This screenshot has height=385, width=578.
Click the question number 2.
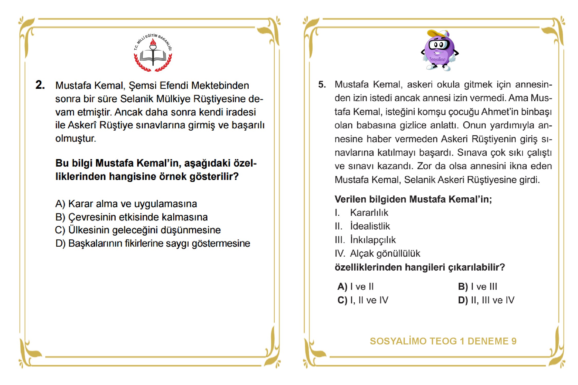coord(40,85)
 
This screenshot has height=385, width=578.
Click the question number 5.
coord(322,84)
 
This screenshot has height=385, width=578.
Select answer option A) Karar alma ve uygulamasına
coord(126,204)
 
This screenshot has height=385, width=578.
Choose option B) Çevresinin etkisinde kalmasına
coord(131,217)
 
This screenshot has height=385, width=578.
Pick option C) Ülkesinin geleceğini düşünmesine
coord(138,230)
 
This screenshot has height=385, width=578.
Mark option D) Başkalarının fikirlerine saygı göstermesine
coord(153,243)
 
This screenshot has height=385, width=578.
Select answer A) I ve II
coord(356,286)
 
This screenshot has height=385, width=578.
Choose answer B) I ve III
coord(478,286)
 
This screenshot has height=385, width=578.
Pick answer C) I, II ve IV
coord(363,300)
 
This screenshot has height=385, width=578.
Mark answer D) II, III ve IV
coord(486,300)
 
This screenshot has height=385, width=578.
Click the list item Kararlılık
coord(369,213)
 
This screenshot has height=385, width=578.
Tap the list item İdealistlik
coord(370,226)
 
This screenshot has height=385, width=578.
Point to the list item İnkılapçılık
coord(373,240)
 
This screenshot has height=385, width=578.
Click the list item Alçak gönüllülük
coord(385,254)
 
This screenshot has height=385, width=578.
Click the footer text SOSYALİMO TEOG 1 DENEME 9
coord(443,341)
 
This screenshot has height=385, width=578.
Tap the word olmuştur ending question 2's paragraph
coord(76,139)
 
